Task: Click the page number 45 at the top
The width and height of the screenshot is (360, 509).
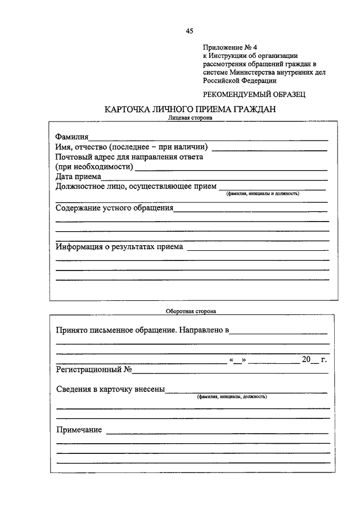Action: [x=190, y=31]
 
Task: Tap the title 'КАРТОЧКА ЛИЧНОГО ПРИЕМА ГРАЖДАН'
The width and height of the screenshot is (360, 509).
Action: [x=190, y=110]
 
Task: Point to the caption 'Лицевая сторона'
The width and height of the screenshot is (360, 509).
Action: [x=190, y=119]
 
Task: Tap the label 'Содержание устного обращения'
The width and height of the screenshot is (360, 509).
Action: [x=115, y=208]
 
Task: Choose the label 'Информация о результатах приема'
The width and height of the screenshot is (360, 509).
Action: [x=120, y=247]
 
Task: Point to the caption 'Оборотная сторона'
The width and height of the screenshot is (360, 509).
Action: [x=191, y=310]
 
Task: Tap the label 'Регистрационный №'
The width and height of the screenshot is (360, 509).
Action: [x=94, y=370]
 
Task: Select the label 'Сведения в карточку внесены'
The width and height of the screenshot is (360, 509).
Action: [x=111, y=389]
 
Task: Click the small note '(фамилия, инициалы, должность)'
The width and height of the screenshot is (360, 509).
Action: [x=232, y=397]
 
